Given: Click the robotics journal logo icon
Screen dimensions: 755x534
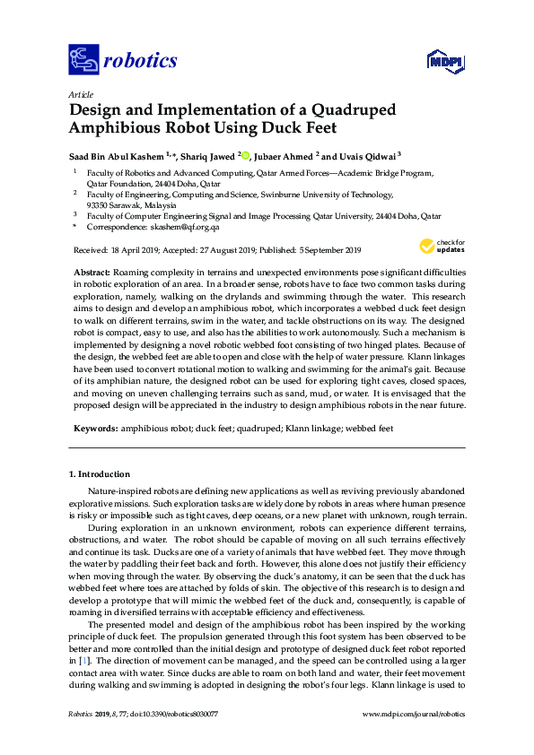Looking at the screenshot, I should click(x=83, y=61).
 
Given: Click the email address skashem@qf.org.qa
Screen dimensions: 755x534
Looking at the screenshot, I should click(x=176, y=229).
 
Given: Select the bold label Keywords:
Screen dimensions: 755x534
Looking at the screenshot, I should click(x=92, y=429).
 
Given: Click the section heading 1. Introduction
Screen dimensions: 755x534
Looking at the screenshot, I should click(x=99, y=473).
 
